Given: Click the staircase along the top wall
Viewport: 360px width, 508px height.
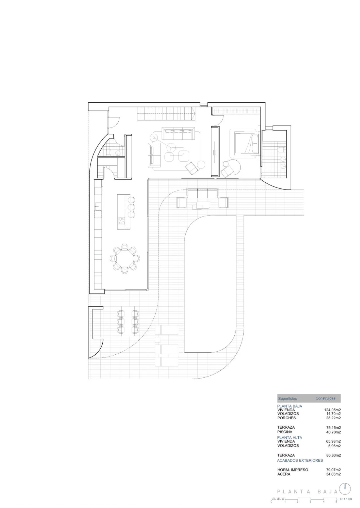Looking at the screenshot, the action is pyautogui.click(x=166, y=114).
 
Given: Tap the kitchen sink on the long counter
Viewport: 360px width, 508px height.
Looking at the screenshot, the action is pyautogui.click(x=97, y=207).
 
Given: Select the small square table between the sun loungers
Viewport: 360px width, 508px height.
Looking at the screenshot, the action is pyautogui.click(x=157, y=340).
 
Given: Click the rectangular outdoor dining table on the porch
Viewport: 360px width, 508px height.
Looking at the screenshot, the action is pyautogui.click(x=128, y=321).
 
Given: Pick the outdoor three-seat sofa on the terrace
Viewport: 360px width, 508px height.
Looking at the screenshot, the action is pyautogui.click(x=202, y=193).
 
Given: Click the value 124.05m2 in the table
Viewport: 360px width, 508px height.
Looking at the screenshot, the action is pyautogui.click(x=333, y=410).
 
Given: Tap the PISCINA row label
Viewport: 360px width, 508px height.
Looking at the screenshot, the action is pyautogui.click(x=285, y=432).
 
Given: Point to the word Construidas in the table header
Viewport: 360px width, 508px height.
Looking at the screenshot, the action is pyautogui.click(x=326, y=398).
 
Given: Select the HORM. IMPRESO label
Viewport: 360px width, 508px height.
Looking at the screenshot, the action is pyautogui.click(x=293, y=470).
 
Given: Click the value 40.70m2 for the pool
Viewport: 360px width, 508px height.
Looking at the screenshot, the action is pyautogui.click(x=333, y=432).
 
